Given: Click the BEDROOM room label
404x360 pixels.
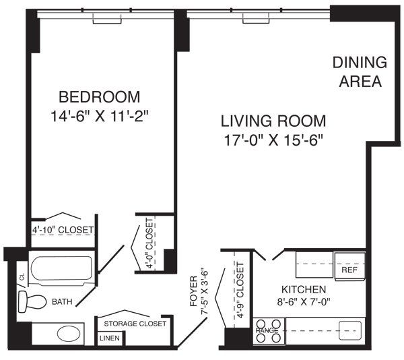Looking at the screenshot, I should click(x=99, y=96).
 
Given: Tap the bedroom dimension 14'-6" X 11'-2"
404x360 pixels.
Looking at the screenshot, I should click(x=99, y=115).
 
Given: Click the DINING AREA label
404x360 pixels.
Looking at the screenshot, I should click(x=360, y=72).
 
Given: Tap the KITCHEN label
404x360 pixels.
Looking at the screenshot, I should click(x=304, y=289).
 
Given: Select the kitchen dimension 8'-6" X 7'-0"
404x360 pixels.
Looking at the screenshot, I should click(x=304, y=302).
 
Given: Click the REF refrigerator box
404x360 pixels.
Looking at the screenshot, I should click(x=349, y=269).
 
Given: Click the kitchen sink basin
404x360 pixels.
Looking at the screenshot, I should click(x=348, y=330).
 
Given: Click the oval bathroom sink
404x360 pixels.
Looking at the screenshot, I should click(x=67, y=333).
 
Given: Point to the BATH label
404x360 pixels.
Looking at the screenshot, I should click(x=63, y=302).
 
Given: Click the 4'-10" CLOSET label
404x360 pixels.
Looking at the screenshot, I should click(x=63, y=231).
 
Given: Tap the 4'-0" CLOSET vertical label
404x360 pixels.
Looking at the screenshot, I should click(x=149, y=243).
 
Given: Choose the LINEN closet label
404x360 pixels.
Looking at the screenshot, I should click(x=108, y=338).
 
